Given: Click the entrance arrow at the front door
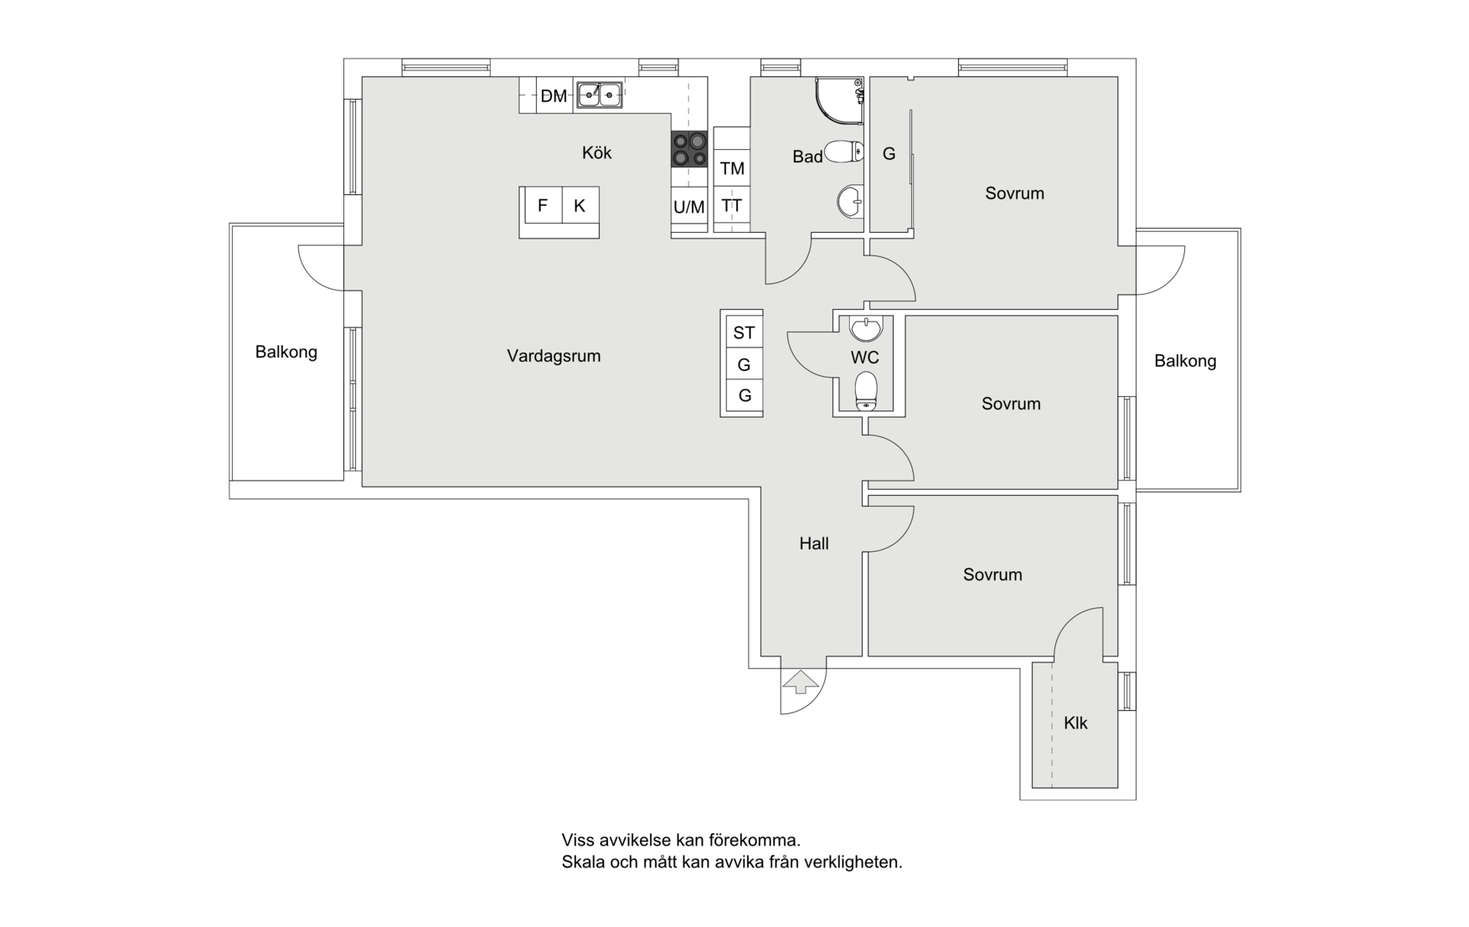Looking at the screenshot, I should pyautogui.click(x=800, y=682).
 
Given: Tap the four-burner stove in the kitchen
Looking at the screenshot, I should pyautogui.click(x=689, y=149).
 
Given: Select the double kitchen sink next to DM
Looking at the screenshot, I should pyautogui.click(x=600, y=95).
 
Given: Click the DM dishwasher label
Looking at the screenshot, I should pyautogui.click(x=553, y=96).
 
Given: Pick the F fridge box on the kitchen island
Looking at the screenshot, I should pyautogui.click(x=542, y=205).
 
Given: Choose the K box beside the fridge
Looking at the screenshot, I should pyautogui.click(x=579, y=205).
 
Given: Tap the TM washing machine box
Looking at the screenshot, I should pyautogui.click(x=732, y=168).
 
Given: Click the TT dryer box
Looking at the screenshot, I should pyautogui.click(x=732, y=205).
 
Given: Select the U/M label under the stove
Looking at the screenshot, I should pyautogui.click(x=689, y=207).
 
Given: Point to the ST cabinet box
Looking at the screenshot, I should pyautogui.click(x=744, y=332).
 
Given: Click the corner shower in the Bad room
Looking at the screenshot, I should pyautogui.click(x=838, y=100).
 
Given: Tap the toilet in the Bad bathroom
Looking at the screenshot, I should pyautogui.click(x=844, y=152).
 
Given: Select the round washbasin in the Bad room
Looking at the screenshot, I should pyautogui.click(x=849, y=201).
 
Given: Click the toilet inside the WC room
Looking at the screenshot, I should pyautogui.click(x=866, y=391).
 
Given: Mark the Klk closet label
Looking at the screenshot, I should pyautogui.click(x=1075, y=723).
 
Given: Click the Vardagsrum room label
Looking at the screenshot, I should pyautogui.click(x=554, y=356).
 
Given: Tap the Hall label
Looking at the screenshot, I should pyautogui.click(x=813, y=543).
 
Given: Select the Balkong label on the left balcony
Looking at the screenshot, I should pyautogui.click(x=286, y=352).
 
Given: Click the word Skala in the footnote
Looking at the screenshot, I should pyautogui.click(x=582, y=862).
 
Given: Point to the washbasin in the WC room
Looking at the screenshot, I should pyautogui.click(x=866, y=328).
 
